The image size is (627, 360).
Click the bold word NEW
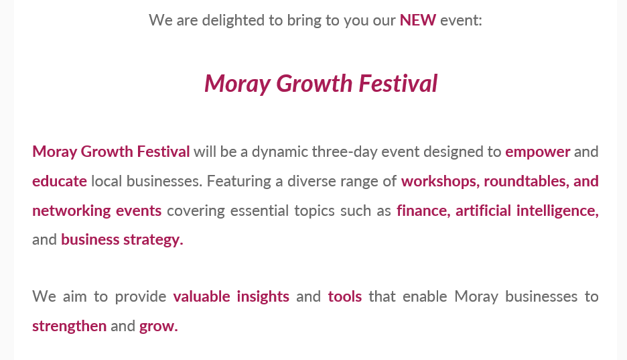pyautogui.click(x=418, y=20)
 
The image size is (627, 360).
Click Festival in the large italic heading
pyautogui.click(x=398, y=84)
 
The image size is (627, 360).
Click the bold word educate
pyautogui.click(x=60, y=181)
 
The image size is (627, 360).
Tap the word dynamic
pyautogui.click(x=280, y=152)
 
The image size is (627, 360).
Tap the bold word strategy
pyautogui.click(x=153, y=240)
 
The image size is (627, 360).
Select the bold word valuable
pyautogui.click(x=202, y=297)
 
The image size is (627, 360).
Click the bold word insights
pyautogui.click(x=263, y=297)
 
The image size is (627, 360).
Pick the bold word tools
pyautogui.click(x=345, y=297)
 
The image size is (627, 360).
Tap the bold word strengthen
pyautogui.click(x=69, y=326)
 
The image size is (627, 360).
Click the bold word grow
pyautogui.click(x=158, y=326)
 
